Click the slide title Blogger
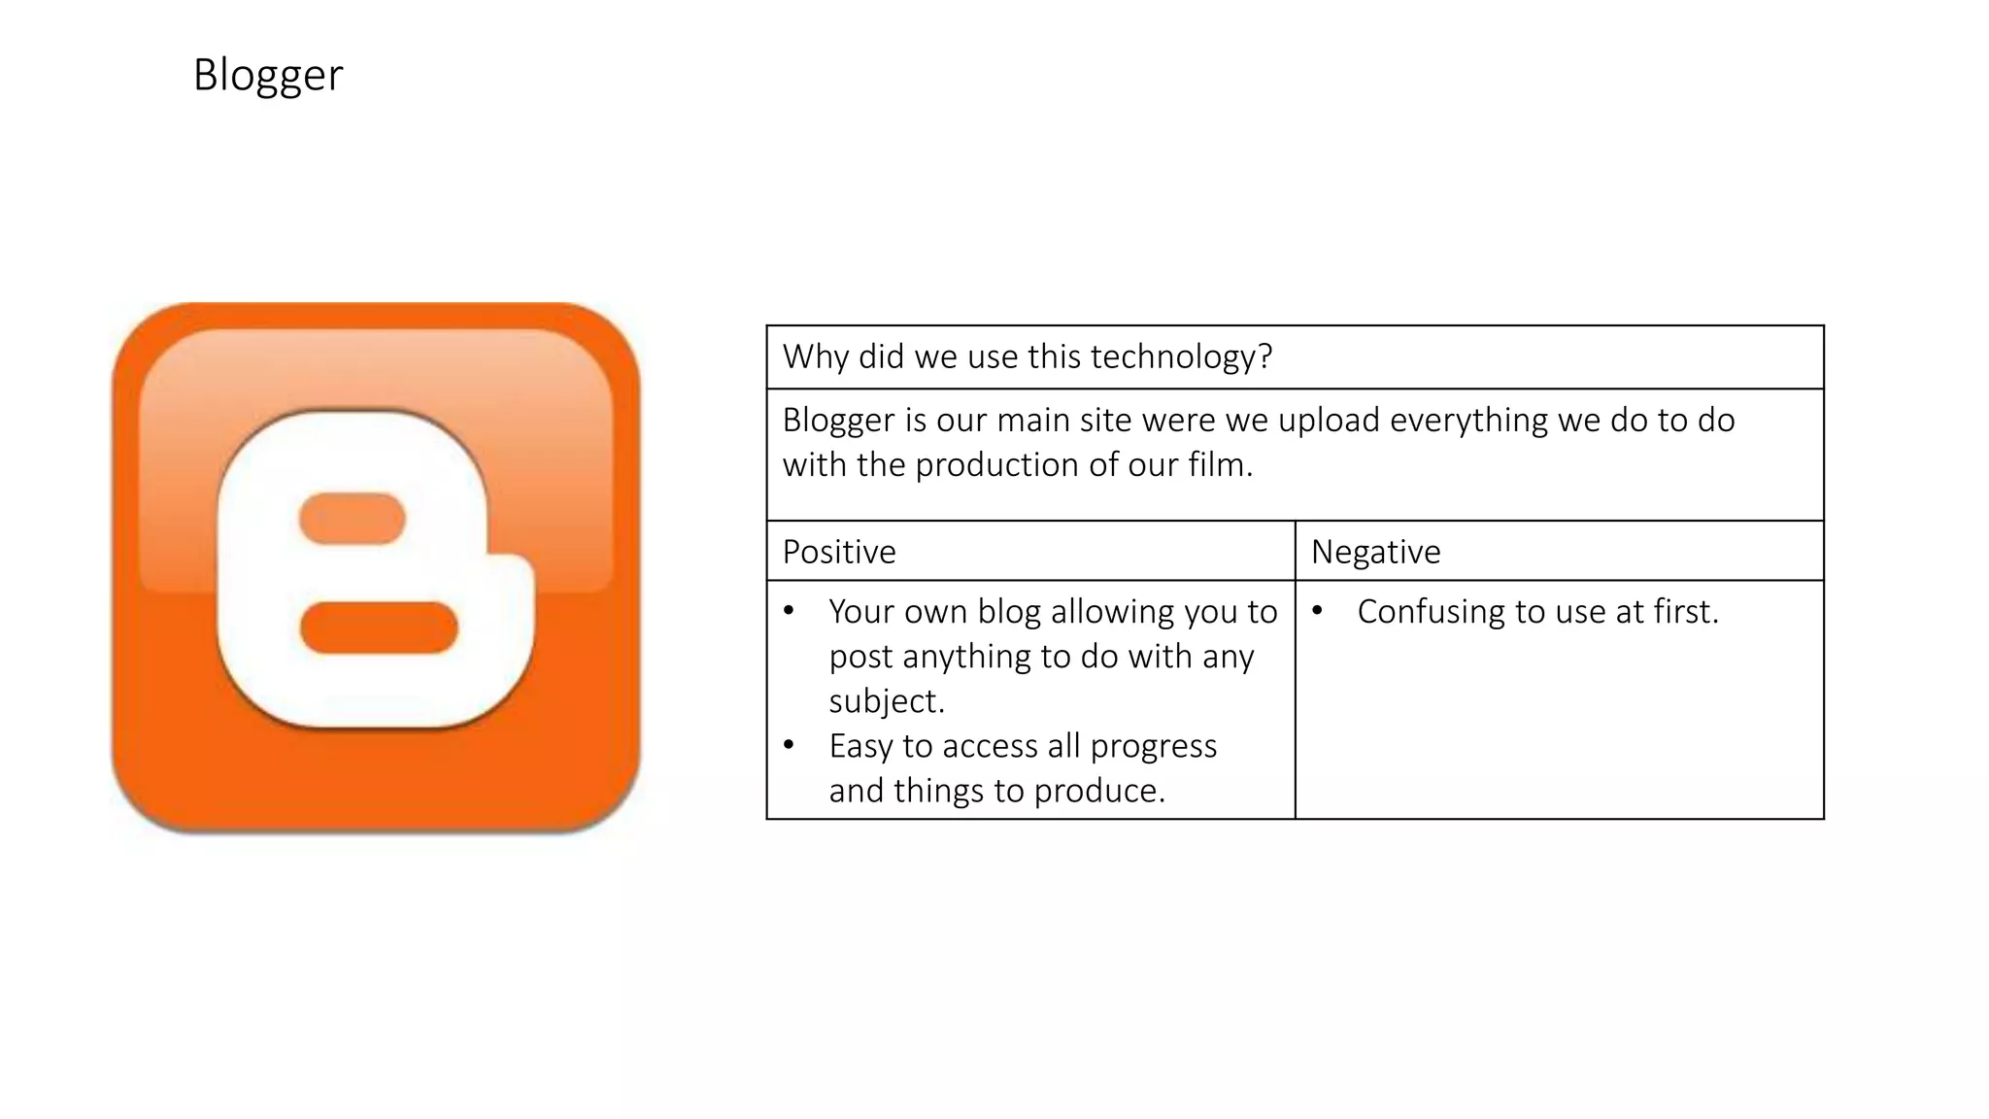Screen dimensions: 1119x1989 [x=268, y=76]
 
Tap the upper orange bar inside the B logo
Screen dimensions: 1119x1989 [x=352, y=519]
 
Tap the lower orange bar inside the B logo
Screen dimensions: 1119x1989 [x=379, y=627]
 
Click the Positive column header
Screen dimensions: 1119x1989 [x=839, y=552]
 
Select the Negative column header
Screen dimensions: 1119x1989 [x=1375, y=552]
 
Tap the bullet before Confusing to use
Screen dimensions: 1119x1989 [x=1317, y=611]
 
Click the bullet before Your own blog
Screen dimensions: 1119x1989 [x=789, y=611]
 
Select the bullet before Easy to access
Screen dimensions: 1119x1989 [x=789, y=745]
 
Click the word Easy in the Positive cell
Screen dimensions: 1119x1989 [x=860, y=746]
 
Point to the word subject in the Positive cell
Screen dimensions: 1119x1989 [x=883, y=701]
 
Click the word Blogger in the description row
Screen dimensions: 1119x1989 [x=838, y=421]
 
